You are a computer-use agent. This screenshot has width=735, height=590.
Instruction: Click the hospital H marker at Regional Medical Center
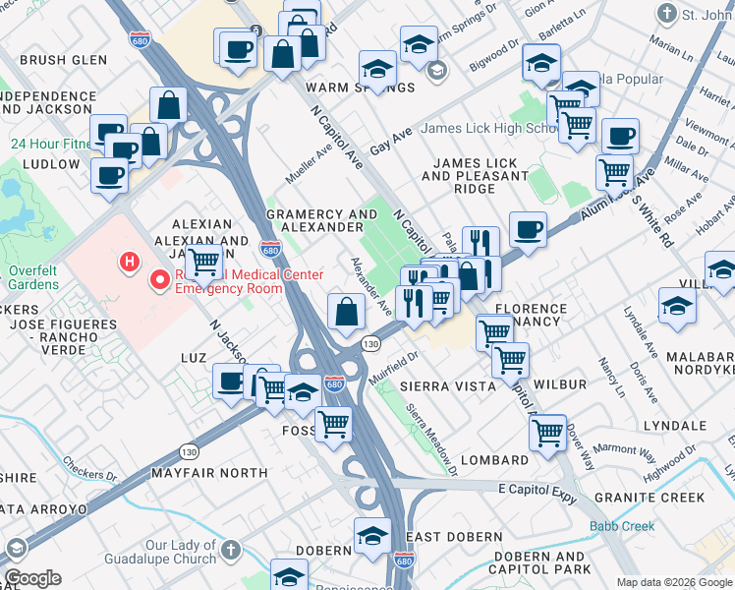point(127,262)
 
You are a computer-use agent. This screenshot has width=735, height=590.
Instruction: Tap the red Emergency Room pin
point(160,281)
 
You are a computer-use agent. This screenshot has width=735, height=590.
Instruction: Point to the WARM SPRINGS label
point(334,88)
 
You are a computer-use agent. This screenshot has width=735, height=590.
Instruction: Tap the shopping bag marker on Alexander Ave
point(346,313)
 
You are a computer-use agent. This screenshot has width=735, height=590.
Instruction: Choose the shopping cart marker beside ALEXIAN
point(203,262)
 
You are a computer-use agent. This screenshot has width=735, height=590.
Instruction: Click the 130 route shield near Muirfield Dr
point(369,344)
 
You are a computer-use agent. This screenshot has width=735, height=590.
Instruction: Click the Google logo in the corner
point(32,578)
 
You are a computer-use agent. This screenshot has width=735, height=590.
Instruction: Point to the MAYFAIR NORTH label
point(209,473)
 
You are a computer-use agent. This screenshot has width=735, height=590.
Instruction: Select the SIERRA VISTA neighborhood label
point(447,386)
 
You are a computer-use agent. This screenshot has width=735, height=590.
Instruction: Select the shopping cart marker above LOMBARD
point(546,431)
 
